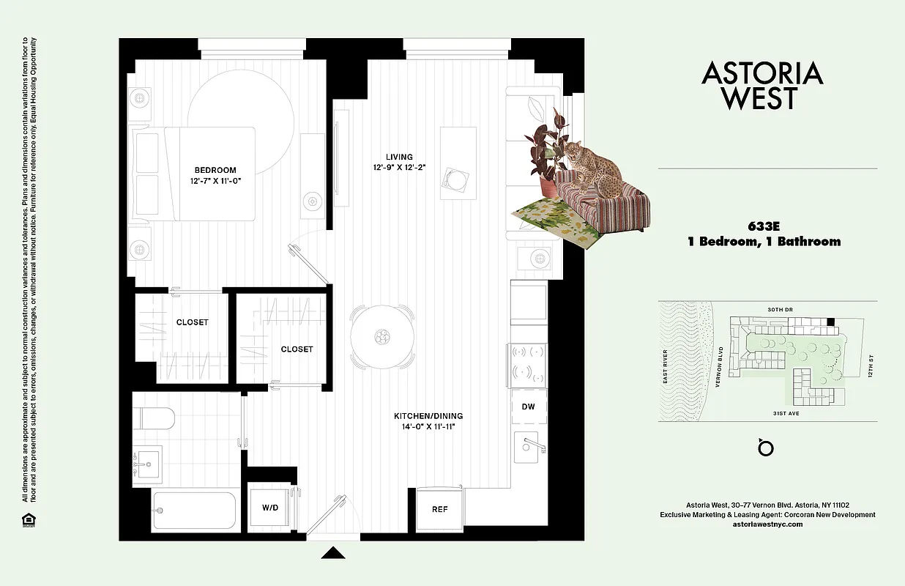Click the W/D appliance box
[x=269, y=508]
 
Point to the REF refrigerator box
[x=439, y=509]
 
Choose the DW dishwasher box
[x=529, y=407]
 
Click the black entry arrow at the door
[x=333, y=553]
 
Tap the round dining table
[x=381, y=338]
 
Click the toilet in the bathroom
[x=155, y=419]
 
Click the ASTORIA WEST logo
[x=761, y=85]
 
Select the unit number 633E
[x=763, y=226]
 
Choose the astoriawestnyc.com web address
[x=767, y=524]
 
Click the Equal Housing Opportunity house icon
[x=28, y=520]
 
